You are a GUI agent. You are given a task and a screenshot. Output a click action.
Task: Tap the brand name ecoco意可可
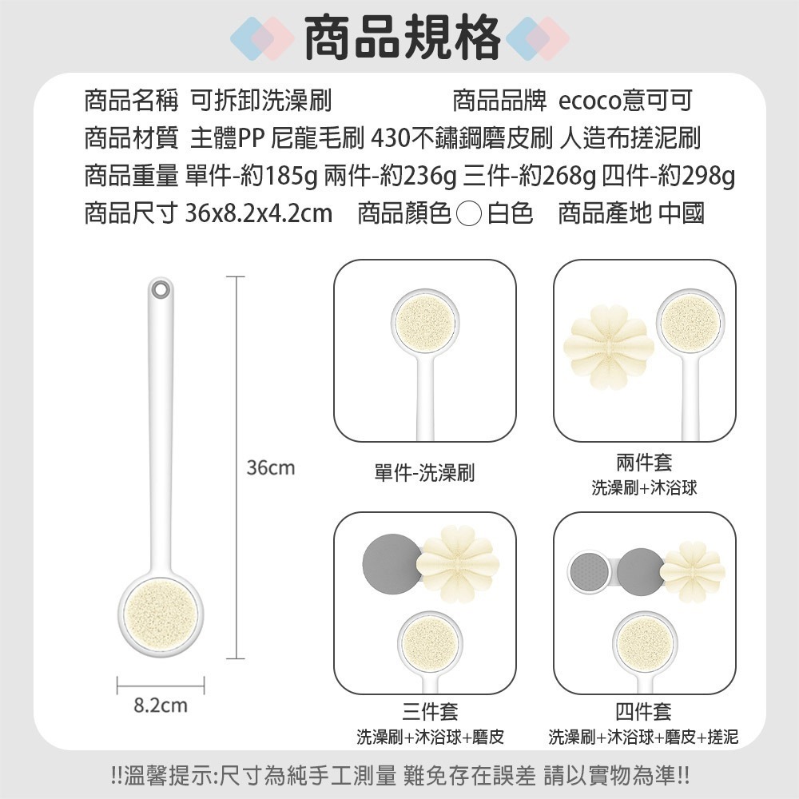tap(624, 101)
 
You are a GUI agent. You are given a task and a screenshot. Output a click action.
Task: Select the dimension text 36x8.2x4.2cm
tap(258, 213)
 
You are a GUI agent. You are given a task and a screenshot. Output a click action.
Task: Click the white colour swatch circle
tap(471, 214)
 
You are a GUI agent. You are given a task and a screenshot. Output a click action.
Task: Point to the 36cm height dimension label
tap(270, 468)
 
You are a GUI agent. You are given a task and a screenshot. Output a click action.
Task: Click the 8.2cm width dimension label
tap(161, 706)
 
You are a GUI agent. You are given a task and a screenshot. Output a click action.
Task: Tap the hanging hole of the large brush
tap(160, 288)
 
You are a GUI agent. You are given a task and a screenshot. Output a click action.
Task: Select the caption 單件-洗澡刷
tap(423, 473)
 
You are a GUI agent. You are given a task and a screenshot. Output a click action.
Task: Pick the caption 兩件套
tap(644, 462)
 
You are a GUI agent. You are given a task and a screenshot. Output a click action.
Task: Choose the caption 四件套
tap(644, 711)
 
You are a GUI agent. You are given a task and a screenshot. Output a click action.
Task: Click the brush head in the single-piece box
tap(425, 323)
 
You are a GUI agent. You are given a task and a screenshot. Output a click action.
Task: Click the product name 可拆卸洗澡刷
tap(260, 101)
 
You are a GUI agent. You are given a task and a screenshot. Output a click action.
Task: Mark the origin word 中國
tap(682, 213)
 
